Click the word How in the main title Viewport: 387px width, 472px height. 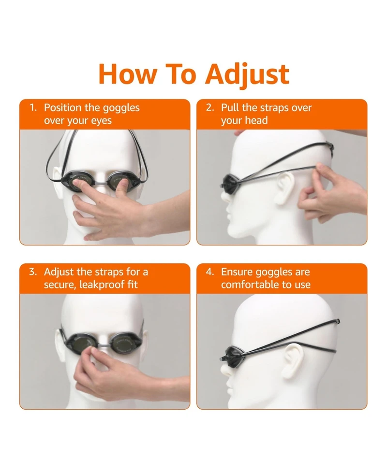tap(128, 74)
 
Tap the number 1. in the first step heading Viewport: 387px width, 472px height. tap(33, 107)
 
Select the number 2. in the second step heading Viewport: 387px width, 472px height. tap(210, 107)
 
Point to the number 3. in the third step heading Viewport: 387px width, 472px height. tap(33, 272)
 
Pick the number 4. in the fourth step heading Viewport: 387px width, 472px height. tap(210, 272)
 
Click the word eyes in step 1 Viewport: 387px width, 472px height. tap(101, 121)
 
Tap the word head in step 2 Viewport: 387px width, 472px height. tap(256, 120)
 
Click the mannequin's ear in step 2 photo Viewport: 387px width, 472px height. tap(285, 188)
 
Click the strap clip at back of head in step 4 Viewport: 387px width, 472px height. tap(339, 321)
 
